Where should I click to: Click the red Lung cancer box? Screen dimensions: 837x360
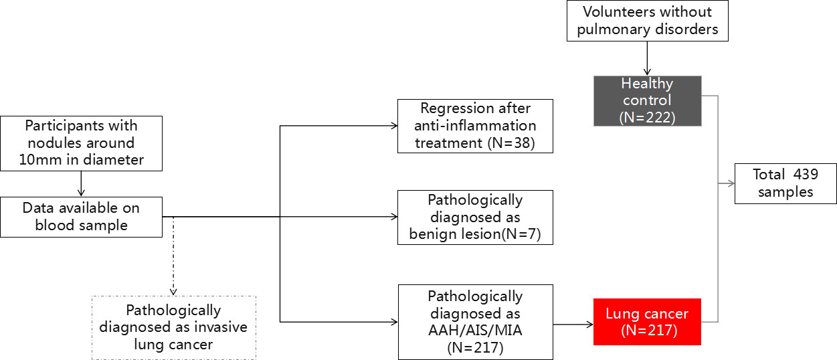647,321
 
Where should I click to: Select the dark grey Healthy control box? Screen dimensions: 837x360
648,101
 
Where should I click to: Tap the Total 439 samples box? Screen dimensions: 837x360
785,183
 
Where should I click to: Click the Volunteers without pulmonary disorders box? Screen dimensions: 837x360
648,21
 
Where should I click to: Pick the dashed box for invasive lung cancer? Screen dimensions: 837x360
174,328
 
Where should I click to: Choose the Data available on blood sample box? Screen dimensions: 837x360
82,217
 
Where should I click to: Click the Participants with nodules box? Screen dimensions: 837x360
82,144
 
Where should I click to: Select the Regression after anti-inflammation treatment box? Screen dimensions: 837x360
475,126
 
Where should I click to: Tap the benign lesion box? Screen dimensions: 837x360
475,217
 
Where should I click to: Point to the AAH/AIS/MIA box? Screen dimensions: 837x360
476,323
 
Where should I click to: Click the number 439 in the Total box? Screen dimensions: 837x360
806,175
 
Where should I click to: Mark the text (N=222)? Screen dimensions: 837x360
648,117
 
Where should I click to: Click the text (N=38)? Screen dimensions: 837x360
511,143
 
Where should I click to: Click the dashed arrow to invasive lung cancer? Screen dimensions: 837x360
173,256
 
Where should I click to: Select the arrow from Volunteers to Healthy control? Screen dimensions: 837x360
647,58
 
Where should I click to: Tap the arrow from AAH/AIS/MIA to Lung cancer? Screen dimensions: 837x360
573,325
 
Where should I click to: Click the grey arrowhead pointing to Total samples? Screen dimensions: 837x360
731,183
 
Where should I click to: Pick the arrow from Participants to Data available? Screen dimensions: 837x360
81,184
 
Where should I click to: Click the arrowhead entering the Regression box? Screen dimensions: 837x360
394,126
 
